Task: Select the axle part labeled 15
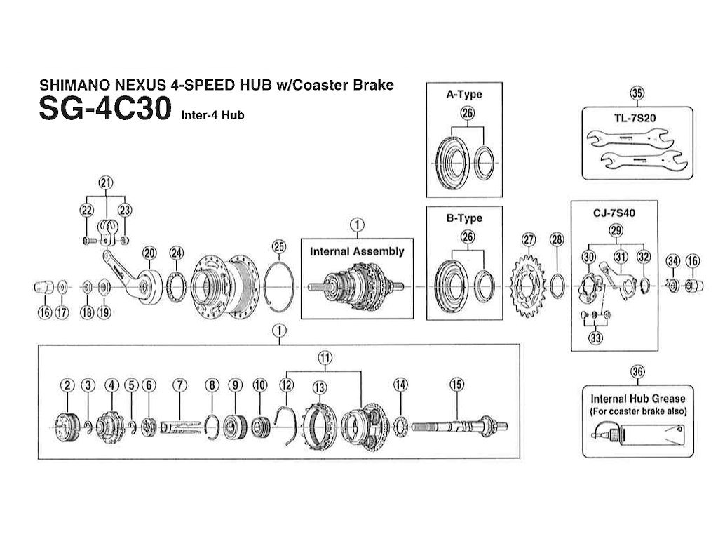pos(456,425)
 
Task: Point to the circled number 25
pos(279,246)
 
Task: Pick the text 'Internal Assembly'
pos(357,251)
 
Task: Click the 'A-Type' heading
pos(464,93)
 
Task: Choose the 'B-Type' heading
pos(464,218)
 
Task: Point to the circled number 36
pos(637,373)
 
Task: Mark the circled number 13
pos(320,387)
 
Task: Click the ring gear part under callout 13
pos(320,424)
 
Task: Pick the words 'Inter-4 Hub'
pos(212,115)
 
